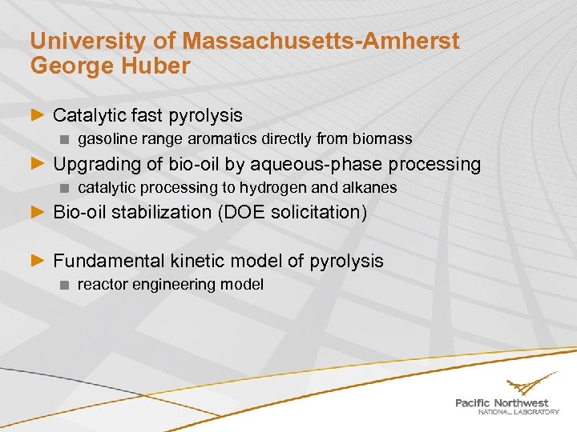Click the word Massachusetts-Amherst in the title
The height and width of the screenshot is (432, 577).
click(321, 41)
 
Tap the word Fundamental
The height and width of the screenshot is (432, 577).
click(109, 261)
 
